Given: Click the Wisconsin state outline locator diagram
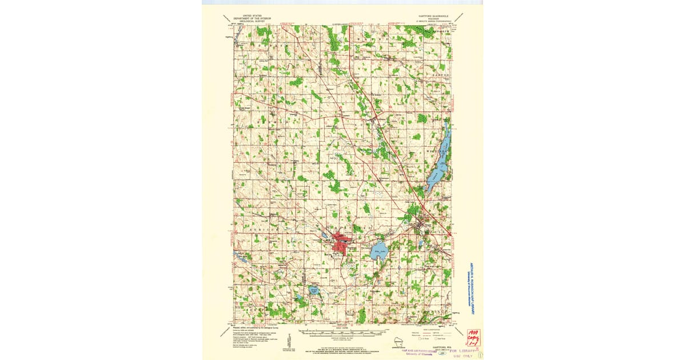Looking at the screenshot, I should [399, 341].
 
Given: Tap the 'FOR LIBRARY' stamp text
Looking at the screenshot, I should [462, 350].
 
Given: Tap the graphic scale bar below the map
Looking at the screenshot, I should [343, 331].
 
